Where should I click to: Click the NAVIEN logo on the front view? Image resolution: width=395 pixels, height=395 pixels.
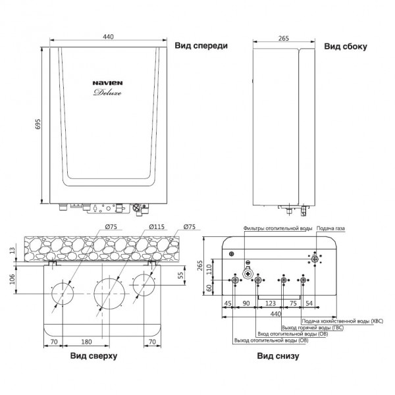pyautogui.click(x=107, y=83)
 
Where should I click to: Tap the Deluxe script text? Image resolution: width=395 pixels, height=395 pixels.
pyautogui.click(x=107, y=92)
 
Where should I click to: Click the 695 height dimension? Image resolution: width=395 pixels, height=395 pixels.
pyautogui.click(x=38, y=124)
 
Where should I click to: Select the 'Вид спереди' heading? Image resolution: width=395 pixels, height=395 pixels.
pyautogui.click(x=201, y=45)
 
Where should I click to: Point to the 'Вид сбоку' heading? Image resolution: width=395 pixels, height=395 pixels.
pyautogui.click(x=346, y=46)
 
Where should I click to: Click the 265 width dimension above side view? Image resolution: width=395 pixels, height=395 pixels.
pyautogui.click(x=284, y=38)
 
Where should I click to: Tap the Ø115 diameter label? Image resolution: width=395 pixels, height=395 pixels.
pyautogui.click(x=157, y=226)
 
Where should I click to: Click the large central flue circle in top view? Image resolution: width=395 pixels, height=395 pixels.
pyautogui.click(x=109, y=278)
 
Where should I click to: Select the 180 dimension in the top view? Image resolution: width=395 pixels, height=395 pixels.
pyautogui.click(x=86, y=342)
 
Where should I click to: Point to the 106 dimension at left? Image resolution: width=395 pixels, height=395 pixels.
pyautogui.click(x=12, y=279)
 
